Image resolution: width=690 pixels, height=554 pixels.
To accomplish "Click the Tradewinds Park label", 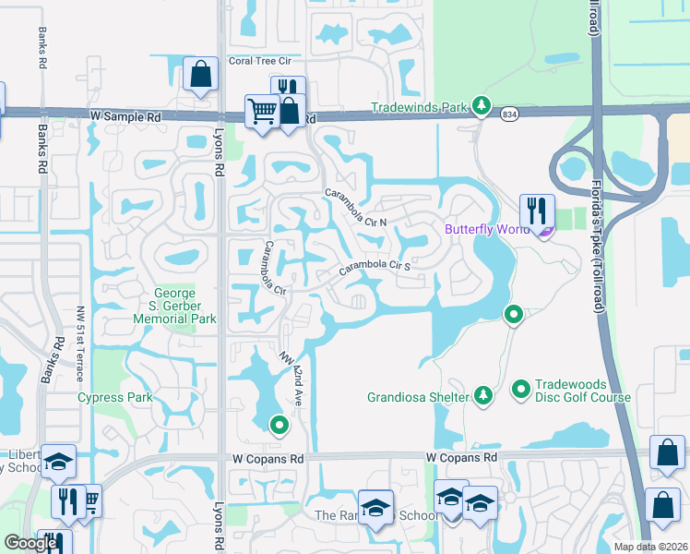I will (x=421, y=107).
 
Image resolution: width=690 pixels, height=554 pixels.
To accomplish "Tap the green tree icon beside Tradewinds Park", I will (x=481, y=107).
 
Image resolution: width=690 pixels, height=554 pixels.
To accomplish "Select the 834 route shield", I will (x=509, y=114).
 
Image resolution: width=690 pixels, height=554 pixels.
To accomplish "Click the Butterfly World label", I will (x=486, y=229).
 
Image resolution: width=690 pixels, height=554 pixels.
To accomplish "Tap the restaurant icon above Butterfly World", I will (x=535, y=209).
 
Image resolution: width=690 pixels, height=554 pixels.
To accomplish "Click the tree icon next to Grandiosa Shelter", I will (x=482, y=397).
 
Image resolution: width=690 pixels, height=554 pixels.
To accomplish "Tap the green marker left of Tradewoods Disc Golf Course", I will (x=520, y=389).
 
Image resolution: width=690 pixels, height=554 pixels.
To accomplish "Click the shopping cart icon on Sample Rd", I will (x=262, y=112).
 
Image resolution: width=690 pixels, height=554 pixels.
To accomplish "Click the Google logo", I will (x=30, y=543).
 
